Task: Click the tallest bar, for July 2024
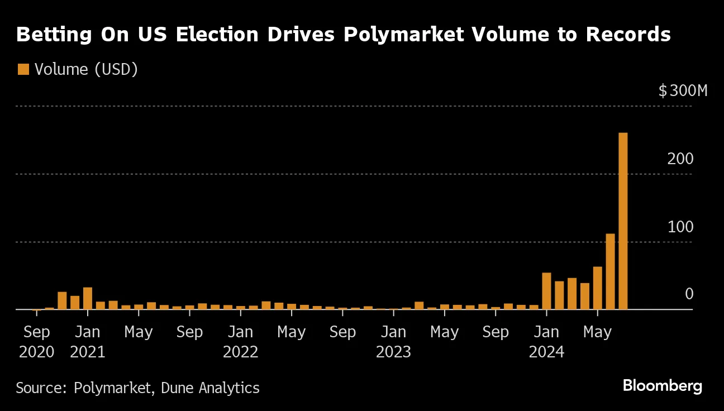pos(623,221)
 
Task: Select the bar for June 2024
pos(610,271)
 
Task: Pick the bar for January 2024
pos(546,291)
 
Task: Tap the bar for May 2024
pos(597,288)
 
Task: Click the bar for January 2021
pos(88,298)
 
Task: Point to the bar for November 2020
pos(62,300)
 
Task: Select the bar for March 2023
pos(419,305)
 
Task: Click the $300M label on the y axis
pos(683,91)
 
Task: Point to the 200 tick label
pos(681,159)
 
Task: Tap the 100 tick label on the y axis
pos(681,227)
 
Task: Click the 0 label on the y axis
pos(689,294)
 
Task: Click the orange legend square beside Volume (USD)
pos(23,69)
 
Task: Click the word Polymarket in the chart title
pos(403,35)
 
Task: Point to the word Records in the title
pos(628,35)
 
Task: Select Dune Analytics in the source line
pos(210,388)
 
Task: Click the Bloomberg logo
pos(662,385)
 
